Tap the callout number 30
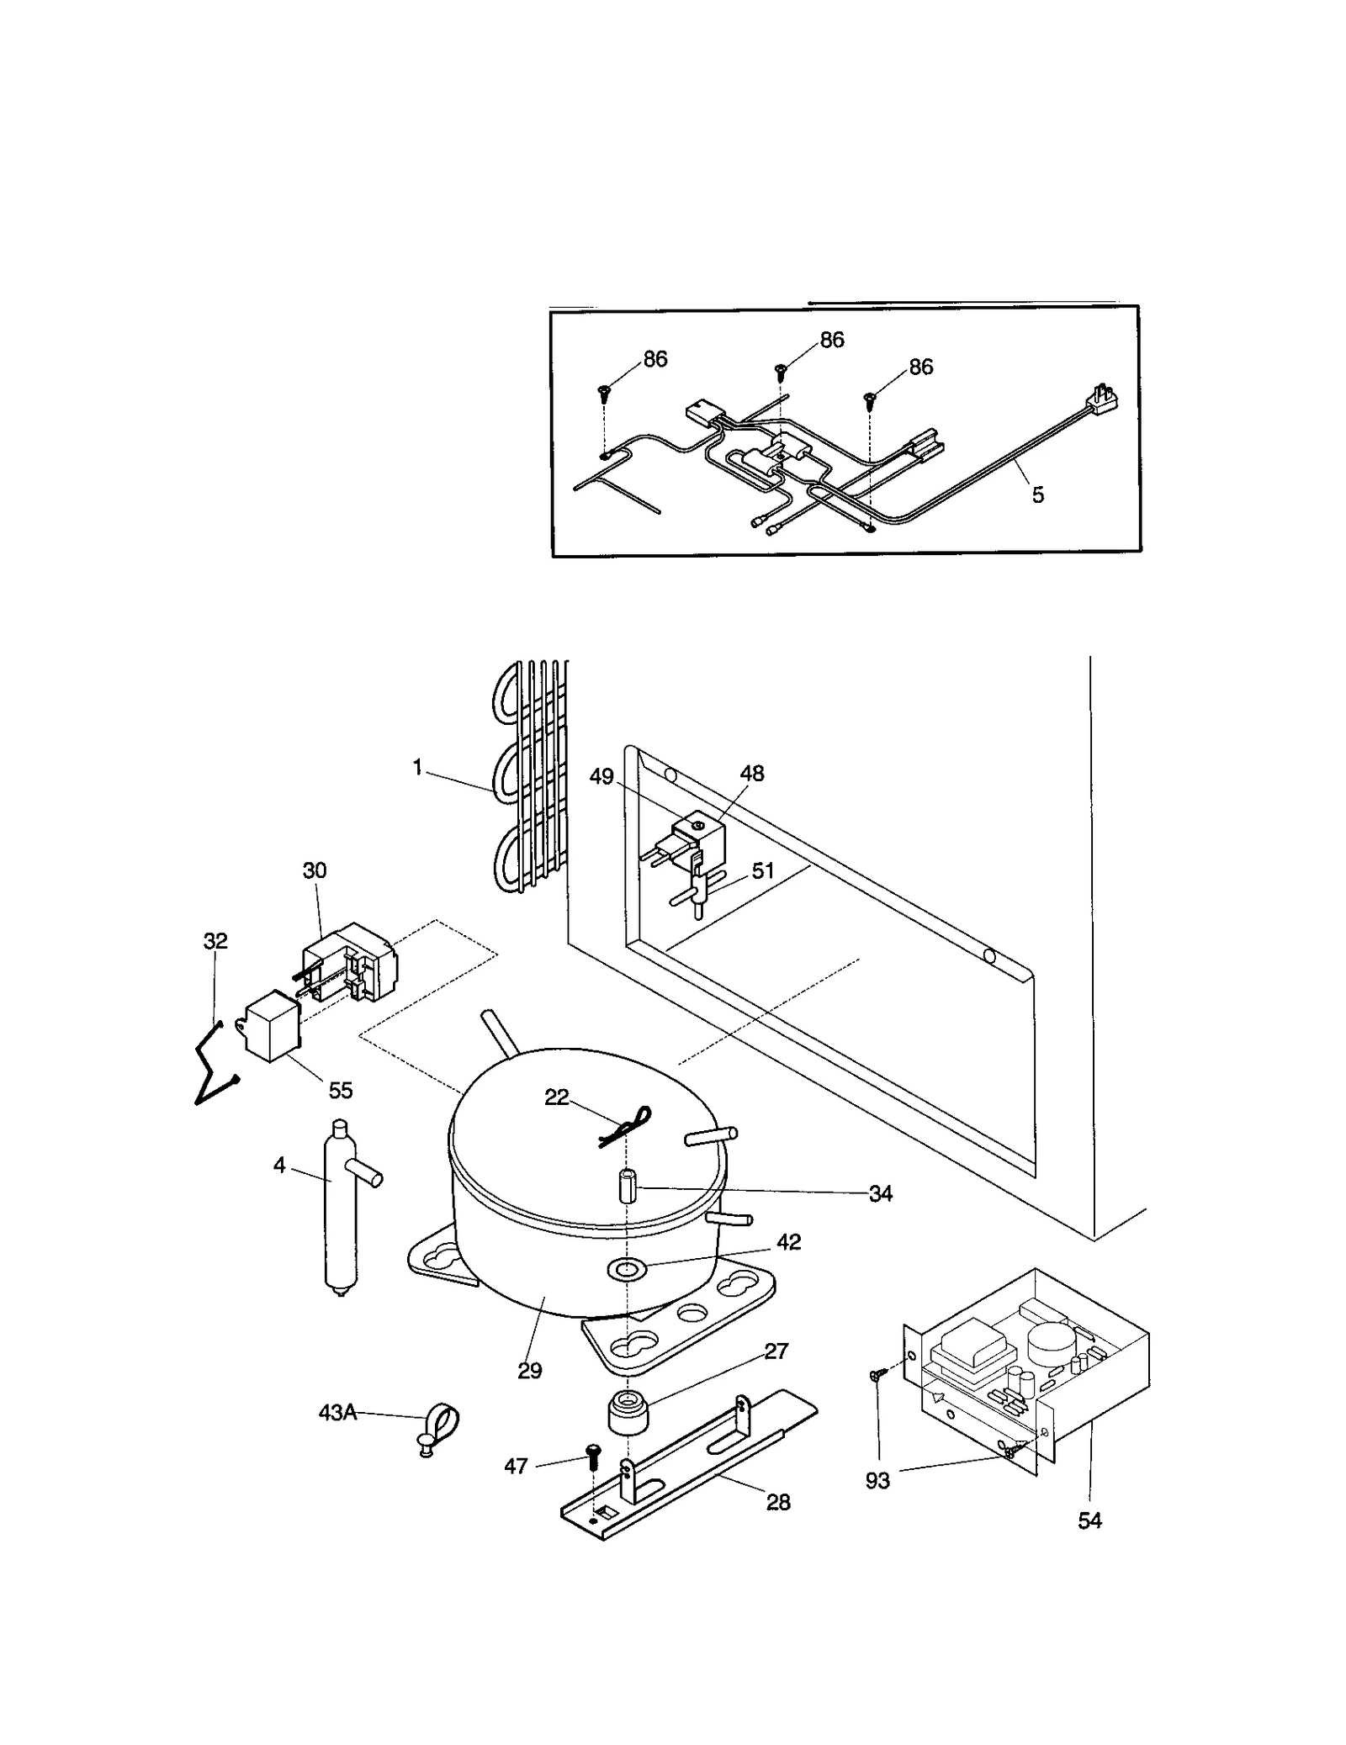[315, 870]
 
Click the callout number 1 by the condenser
[417, 768]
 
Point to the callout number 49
[601, 776]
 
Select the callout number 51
[762, 870]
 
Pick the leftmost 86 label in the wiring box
[655, 359]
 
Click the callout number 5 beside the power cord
[1038, 495]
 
